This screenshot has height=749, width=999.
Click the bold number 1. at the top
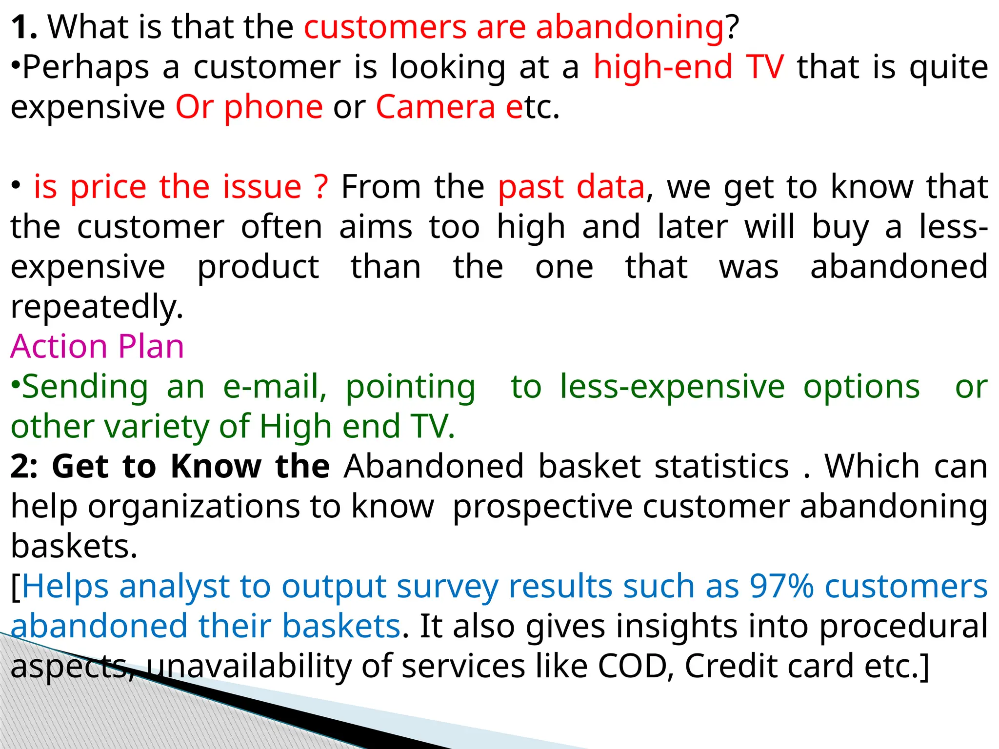[23, 27]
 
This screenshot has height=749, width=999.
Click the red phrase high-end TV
[688, 67]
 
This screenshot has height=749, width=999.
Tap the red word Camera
[435, 107]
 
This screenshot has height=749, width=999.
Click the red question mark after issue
[321, 187]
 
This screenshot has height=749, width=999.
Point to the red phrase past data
[571, 187]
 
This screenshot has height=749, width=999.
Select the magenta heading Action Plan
[97, 347]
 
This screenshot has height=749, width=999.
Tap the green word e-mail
[275, 387]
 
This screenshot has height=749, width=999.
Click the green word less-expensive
[672, 387]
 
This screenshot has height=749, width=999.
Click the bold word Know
[216, 467]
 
